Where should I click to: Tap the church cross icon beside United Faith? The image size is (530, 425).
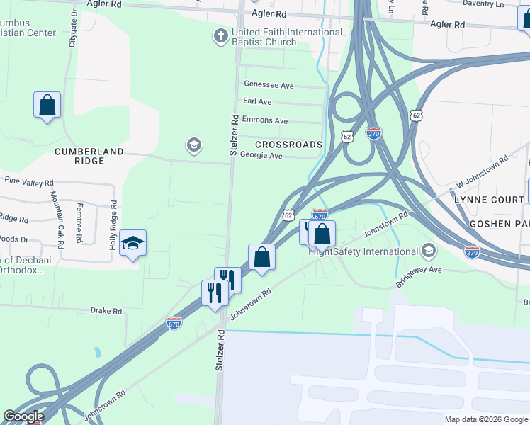220,35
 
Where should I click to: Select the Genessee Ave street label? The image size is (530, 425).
269,86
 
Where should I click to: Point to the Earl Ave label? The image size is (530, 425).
257,102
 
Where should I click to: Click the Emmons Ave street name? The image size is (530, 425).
265,120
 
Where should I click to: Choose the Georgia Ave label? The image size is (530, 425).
261,156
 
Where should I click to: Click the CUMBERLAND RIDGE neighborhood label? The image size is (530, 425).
89,156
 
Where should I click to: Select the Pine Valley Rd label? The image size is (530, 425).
29,182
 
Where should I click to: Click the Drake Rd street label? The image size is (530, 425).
106,311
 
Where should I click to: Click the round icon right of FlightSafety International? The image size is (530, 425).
429,250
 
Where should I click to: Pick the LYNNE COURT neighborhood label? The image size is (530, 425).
490,200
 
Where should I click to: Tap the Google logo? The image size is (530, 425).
23,417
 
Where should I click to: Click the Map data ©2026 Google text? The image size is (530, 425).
485,419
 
